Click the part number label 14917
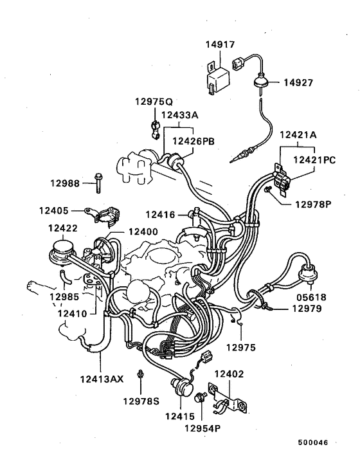[220, 45]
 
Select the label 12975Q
[154, 102]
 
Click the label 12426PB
[195, 141]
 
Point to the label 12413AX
[101, 379]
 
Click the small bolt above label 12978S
[141, 374]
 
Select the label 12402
[229, 374]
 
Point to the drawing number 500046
[312, 444]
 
